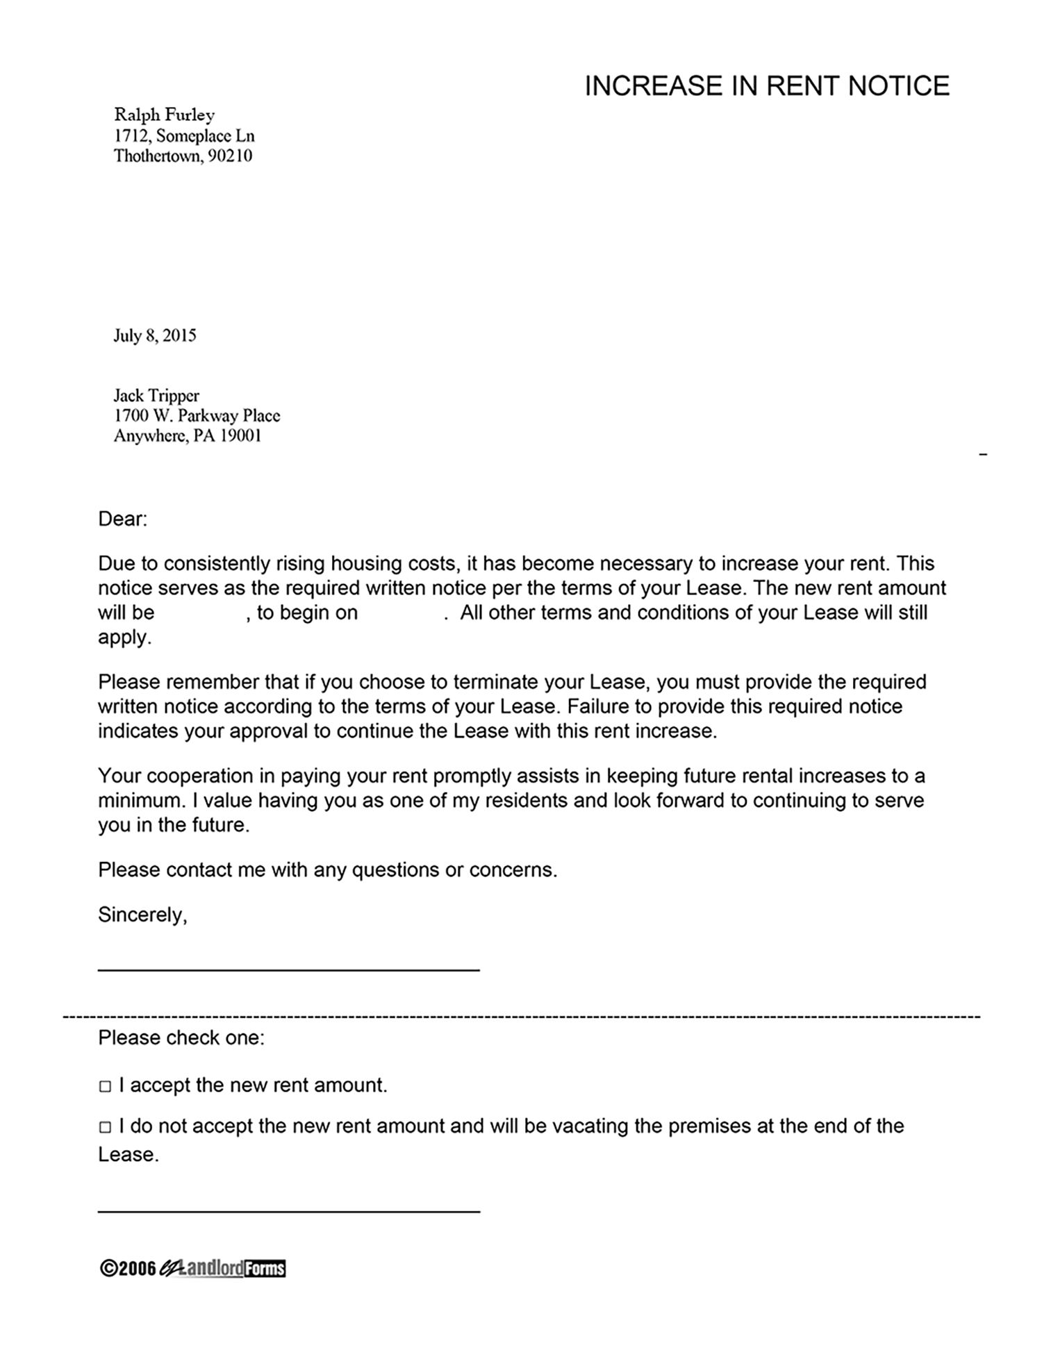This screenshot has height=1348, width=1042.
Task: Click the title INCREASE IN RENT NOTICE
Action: (x=766, y=86)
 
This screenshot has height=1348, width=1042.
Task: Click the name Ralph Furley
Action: (x=164, y=115)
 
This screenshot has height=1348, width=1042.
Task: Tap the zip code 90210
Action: (x=230, y=156)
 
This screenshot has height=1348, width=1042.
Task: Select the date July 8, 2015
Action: (x=155, y=336)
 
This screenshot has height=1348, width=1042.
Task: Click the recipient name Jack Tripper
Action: (x=156, y=396)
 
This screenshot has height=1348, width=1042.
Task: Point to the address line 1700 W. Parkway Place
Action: (x=197, y=416)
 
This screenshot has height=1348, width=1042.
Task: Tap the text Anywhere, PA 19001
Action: (x=188, y=436)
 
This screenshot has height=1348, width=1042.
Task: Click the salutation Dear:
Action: (x=122, y=519)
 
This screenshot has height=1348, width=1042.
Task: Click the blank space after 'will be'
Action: (x=200, y=613)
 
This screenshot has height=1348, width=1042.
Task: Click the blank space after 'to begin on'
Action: (x=401, y=613)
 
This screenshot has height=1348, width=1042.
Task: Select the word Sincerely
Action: (x=142, y=915)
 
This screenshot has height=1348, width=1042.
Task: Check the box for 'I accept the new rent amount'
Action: (x=105, y=1086)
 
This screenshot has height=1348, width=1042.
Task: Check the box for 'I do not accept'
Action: (x=105, y=1127)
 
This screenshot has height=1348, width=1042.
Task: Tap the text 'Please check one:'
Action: (x=181, y=1038)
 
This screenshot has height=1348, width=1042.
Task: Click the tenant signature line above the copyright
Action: (x=288, y=1211)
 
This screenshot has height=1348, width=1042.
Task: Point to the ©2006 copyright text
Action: (x=128, y=1269)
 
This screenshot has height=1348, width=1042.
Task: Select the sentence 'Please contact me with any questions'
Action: (x=326, y=869)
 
